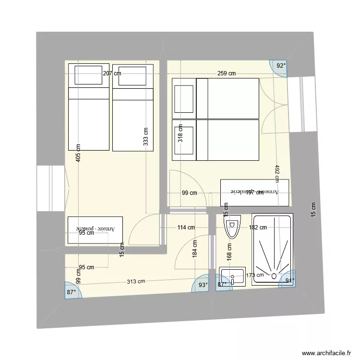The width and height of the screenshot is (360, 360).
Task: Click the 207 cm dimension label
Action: click(112, 73)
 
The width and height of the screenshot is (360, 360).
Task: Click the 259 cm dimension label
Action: click(226, 73)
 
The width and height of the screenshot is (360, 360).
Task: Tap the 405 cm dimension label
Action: click(78, 154)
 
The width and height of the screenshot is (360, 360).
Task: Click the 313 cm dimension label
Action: click(136, 282)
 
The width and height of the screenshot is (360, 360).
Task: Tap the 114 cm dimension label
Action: click(186, 228)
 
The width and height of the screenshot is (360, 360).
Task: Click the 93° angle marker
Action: click(204, 285)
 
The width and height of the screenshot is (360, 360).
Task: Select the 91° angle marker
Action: click(289, 281)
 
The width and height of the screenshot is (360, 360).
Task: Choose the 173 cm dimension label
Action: click(254, 275)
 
